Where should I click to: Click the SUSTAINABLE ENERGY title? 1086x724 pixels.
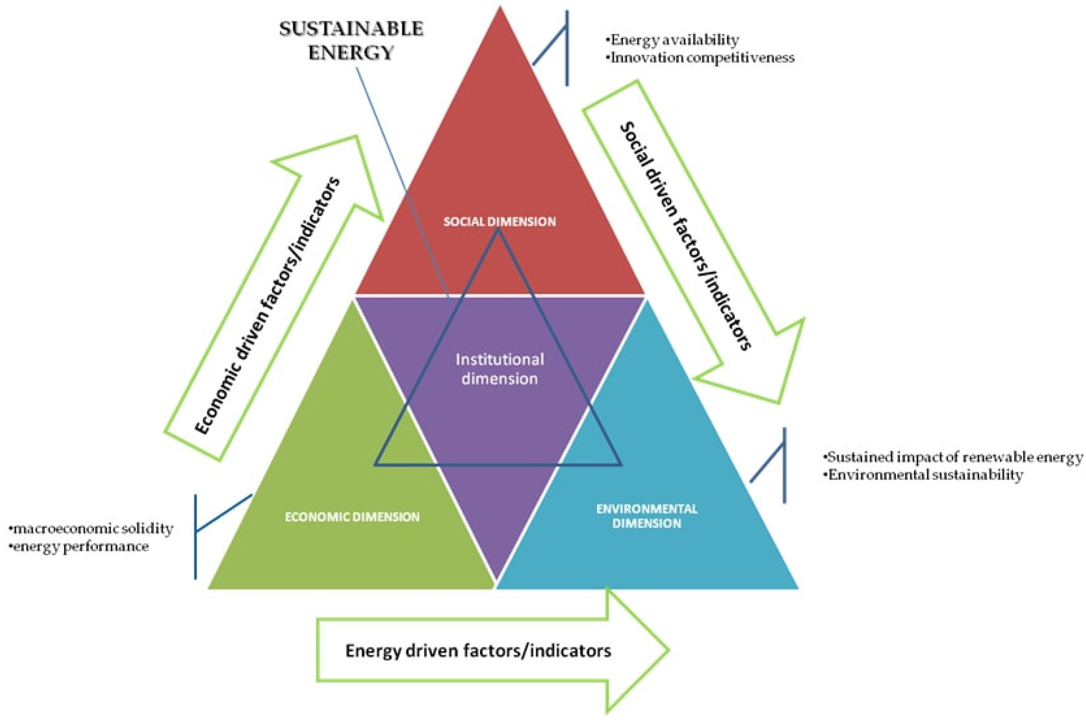pos(351,41)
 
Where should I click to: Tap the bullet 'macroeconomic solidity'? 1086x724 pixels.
pos(91,529)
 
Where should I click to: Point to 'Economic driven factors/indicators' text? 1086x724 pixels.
pos(268,305)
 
